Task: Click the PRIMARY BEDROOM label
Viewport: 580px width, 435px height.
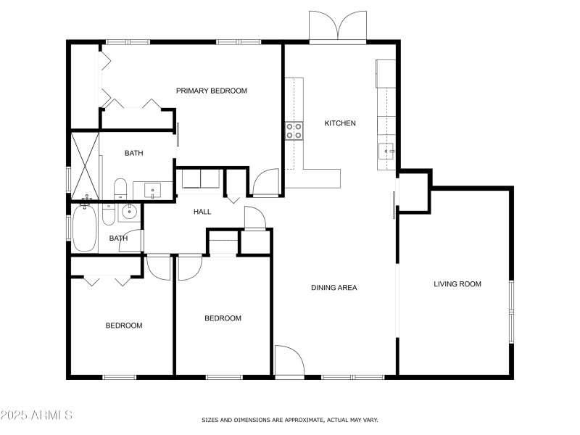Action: [x=211, y=91]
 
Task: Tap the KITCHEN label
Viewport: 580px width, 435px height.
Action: [x=340, y=123]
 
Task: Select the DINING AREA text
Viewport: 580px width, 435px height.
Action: [x=334, y=287]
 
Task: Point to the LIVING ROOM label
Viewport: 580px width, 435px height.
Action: [x=457, y=284]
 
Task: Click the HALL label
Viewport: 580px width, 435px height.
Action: [x=202, y=212]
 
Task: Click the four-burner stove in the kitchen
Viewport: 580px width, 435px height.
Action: [x=294, y=131]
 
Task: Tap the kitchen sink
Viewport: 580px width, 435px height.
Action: [x=386, y=152]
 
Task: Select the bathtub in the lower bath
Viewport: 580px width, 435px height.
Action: [x=85, y=228]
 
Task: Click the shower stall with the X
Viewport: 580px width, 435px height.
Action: [x=85, y=166]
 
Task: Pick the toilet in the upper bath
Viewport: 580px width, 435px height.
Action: [x=120, y=189]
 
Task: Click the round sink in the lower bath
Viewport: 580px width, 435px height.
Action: [x=129, y=212]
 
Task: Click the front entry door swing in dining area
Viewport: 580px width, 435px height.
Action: [x=289, y=360]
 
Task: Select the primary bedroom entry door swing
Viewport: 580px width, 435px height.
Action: [x=265, y=182]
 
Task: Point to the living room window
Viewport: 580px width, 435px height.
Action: [x=512, y=312]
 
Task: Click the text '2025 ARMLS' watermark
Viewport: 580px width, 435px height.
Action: [x=36, y=415]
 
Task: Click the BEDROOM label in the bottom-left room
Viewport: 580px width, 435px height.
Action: [x=124, y=326]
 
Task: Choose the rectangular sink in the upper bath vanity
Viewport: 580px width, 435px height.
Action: [x=152, y=191]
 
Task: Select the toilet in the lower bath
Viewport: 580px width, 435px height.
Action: [x=108, y=214]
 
